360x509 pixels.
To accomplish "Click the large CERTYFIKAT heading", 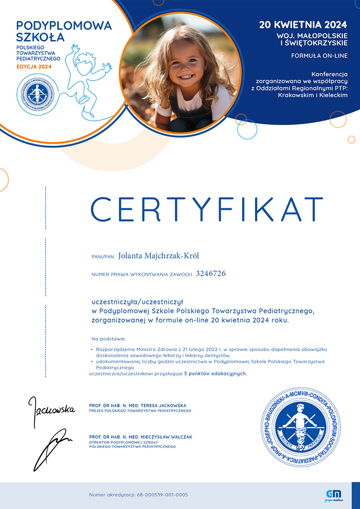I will (207, 210).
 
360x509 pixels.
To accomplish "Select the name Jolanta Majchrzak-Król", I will (159, 256).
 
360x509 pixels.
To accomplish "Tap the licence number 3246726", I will (211, 274).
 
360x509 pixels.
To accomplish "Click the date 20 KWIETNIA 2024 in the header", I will (303, 24).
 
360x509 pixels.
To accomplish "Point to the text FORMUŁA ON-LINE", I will (319, 56).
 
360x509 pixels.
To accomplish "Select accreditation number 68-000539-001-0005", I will (163, 495).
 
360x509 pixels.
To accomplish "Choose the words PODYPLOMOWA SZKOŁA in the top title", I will (64, 31).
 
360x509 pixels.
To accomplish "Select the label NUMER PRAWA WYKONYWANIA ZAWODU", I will (142, 275).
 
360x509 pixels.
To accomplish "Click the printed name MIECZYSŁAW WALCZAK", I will (166, 437).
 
